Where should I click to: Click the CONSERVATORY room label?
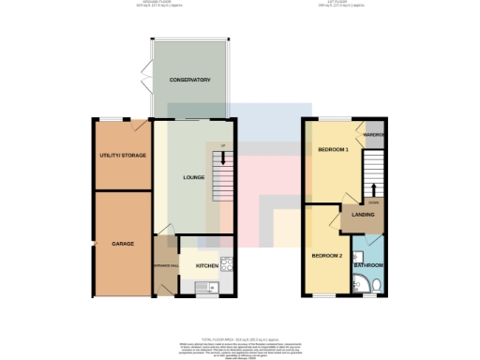[x=188, y=80]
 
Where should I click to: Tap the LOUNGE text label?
[x=193, y=177]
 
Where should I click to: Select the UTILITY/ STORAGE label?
[x=123, y=155]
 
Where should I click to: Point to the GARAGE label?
[x=123, y=243]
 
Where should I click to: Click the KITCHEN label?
[x=206, y=265]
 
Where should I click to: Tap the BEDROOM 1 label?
[x=333, y=150]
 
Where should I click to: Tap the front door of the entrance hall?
[x=165, y=290]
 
